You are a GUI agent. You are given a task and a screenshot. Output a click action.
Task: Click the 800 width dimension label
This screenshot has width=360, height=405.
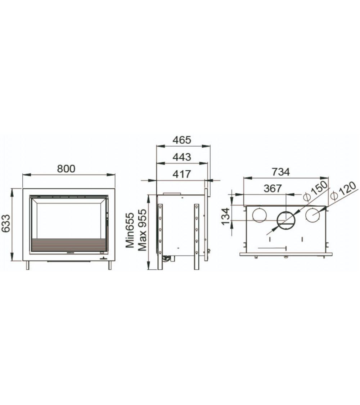[x=66, y=169]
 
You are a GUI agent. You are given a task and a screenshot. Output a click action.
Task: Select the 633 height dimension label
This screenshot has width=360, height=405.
[x=6, y=224]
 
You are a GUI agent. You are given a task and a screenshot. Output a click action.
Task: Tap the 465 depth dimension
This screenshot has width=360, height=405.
[x=182, y=140]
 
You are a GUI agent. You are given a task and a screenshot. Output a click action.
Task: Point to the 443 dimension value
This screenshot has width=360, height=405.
[x=182, y=157]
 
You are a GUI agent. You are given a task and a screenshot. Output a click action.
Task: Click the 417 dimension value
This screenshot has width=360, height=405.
[x=182, y=174]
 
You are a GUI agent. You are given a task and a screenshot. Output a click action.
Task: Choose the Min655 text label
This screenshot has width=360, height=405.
[x=130, y=230]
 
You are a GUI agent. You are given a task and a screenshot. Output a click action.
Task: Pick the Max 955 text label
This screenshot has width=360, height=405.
[x=142, y=230]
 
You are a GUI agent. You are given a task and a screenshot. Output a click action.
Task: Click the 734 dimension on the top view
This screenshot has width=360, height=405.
[x=280, y=172]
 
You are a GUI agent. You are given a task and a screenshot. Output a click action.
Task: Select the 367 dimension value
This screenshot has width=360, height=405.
[x=273, y=189]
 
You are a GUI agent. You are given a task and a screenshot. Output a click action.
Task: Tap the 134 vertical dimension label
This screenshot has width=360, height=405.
[x=226, y=216]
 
